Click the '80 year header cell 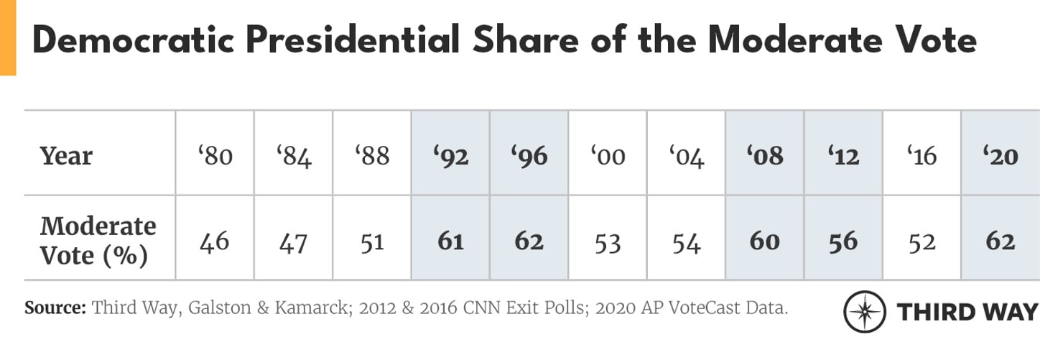(x=215, y=155)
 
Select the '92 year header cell (x=450, y=155)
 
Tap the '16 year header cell (x=922, y=155)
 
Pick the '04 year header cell (x=686, y=155)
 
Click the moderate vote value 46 (x=215, y=241)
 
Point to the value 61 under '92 (x=450, y=241)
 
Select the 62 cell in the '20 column (x=1000, y=241)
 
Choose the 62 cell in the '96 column (x=529, y=241)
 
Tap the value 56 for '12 (x=843, y=241)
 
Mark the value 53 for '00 (x=608, y=241)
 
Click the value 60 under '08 (x=764, y=241)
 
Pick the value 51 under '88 (x=372, y=241)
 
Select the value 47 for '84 (x=293, y=241)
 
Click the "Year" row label (x=66, y=155)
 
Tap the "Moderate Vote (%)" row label (x=98, y=241)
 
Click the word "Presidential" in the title (x=352, y=40)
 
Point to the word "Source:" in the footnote (x=55, y=308)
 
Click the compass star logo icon (x=865, y=312)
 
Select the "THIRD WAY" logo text (x=967, y=312)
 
